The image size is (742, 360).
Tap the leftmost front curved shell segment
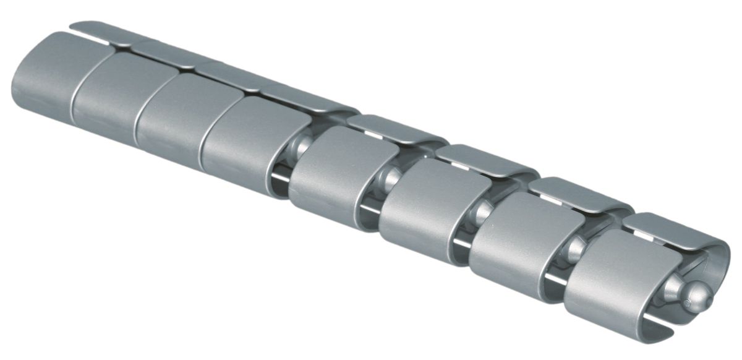43,74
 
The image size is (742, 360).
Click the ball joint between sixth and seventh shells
482,213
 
